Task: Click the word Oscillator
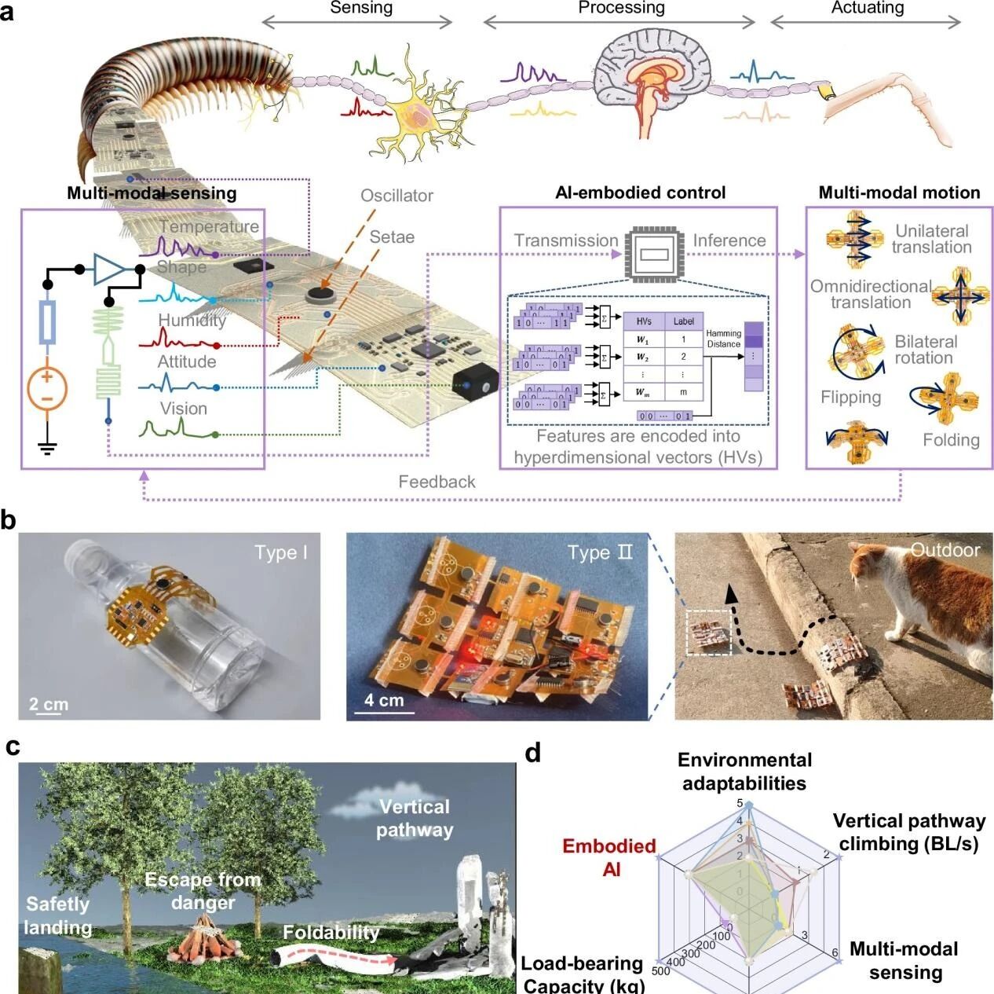coord(397,196)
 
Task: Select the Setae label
coord(392,237)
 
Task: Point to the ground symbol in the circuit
coord(47,449)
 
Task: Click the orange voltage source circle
coord(47,388)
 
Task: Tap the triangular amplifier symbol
coord(109,270)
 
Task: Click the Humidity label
coord(192,320)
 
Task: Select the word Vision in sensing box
coord(184,409)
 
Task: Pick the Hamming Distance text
coord(723,339)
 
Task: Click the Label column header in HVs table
coord(683,321)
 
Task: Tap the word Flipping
coord(850,397)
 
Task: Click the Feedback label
coord(437,482)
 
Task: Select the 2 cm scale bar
coord(49,705)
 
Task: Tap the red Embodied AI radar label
coord(610,857)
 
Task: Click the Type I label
coord(280,552)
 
